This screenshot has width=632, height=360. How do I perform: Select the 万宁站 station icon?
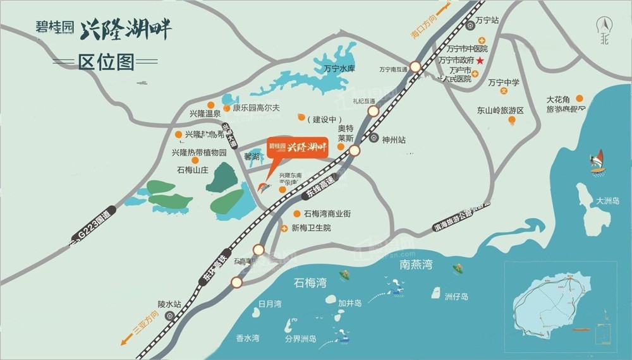coord(470,26)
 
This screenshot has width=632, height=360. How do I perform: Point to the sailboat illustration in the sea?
coord(597,162)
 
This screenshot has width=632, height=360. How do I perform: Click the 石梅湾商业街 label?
coord(327,213)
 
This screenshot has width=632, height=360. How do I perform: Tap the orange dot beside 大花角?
coord(580,98)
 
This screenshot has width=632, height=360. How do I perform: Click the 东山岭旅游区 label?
coord(501,111)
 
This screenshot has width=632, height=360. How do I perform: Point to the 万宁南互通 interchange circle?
coord(415,66)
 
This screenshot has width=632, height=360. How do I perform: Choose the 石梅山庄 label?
coord(192,170)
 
